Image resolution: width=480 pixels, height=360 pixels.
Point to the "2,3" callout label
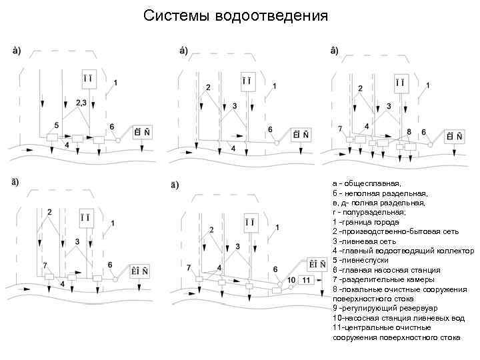[x=83, y=103]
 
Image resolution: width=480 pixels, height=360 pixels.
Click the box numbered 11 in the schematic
[x=306, y=280]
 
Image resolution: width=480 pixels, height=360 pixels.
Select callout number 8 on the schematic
[x=407, y=132]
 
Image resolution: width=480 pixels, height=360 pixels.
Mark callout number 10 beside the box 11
[x=291, y=279]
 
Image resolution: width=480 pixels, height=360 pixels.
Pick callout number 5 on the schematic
[x=57, y=125]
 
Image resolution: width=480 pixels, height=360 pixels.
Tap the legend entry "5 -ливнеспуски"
[x=361, y=261]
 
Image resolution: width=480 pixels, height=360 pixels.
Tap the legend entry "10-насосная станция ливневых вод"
[x=398, y=318]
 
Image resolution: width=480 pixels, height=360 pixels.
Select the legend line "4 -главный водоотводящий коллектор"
[x=403, y=251]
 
